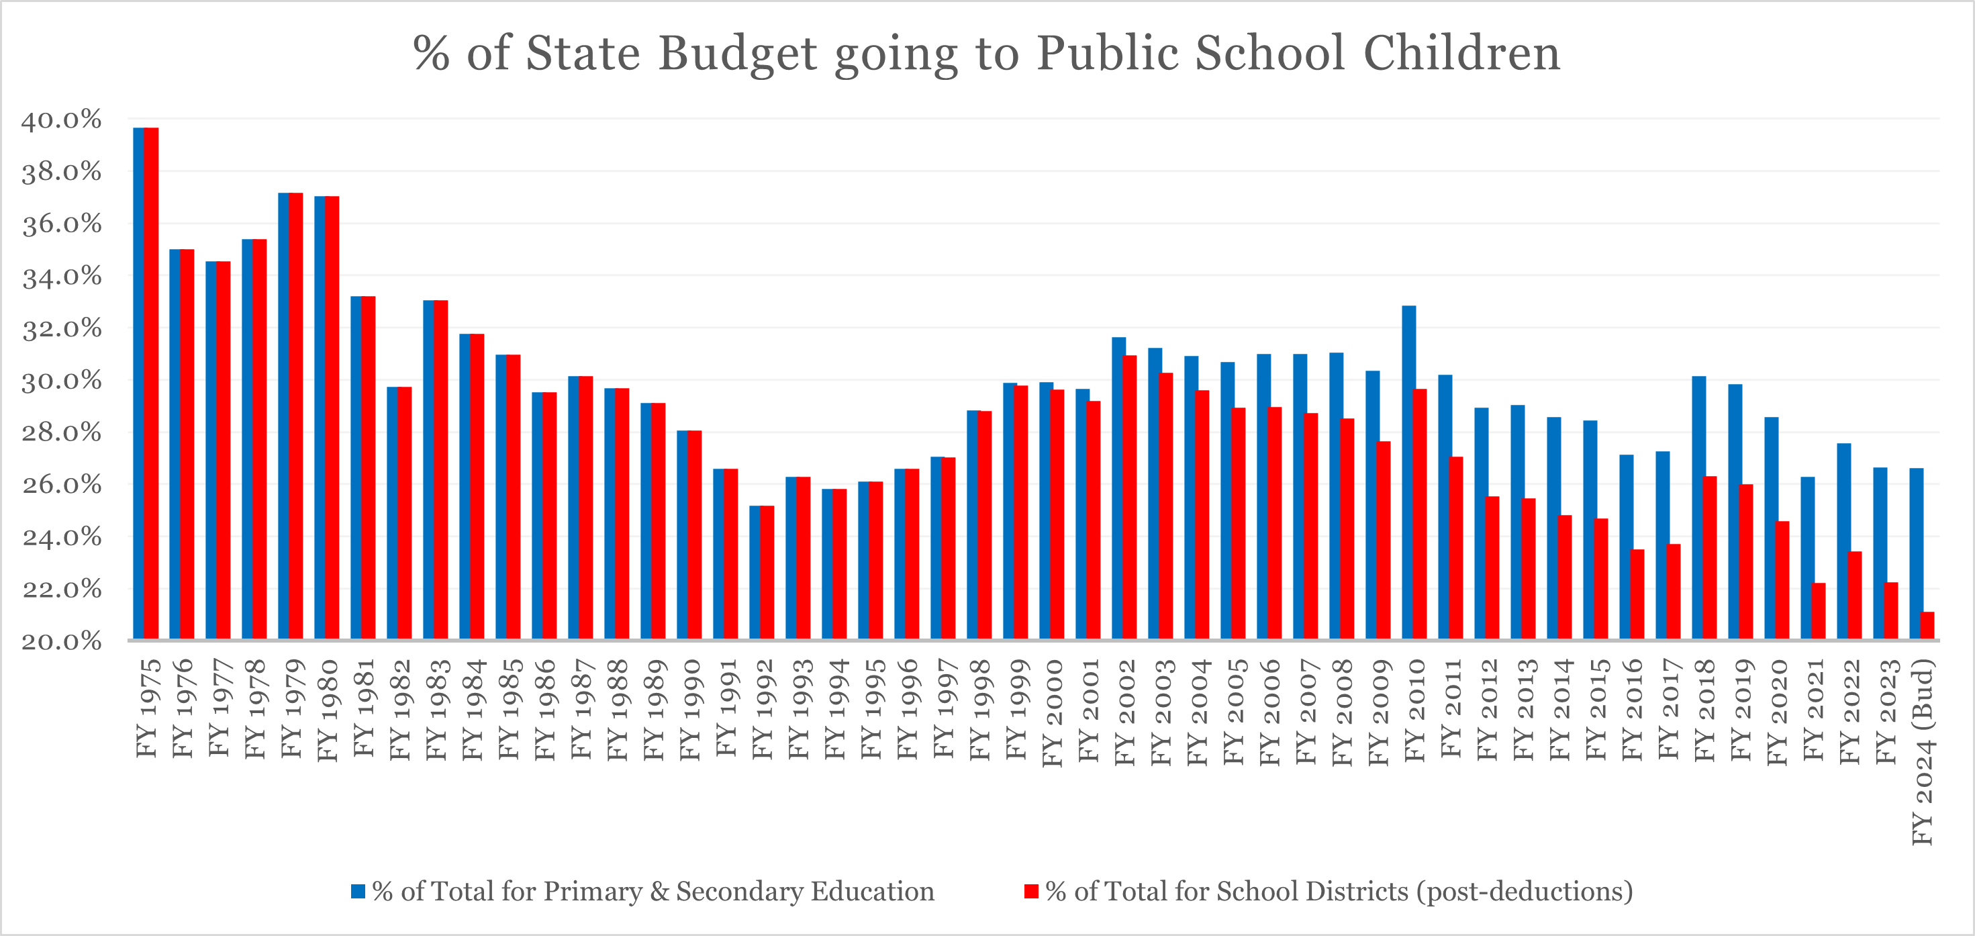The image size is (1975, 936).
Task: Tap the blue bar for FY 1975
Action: [x=139, y=383]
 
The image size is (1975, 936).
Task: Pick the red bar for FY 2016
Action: [x=1637, y=594]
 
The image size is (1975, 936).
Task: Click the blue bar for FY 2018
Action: [x=1699, y=507]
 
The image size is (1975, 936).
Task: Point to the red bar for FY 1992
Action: [x=767, y=572]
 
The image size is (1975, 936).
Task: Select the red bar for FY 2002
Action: [x=1130, y=497]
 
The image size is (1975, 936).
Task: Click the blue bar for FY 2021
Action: [x=1808, y=557]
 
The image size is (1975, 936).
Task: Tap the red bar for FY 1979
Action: [x=296, y=416]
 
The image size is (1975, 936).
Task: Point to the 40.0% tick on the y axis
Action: [x=61, y=120]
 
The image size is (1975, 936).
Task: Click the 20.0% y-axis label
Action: [x=61, y=641]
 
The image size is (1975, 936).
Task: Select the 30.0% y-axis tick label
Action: [x=61, y=380]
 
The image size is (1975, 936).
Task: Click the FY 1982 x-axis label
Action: [x=400, y=709]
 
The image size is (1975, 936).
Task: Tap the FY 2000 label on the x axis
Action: [x=1052, y=713]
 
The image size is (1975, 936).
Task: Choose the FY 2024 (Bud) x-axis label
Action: [x=1923, y=751]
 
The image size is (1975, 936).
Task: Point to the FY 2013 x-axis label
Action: [x=1523, y=709]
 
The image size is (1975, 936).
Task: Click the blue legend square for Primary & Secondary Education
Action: [x=358, y=891]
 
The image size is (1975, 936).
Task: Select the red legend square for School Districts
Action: [x=1031, y=891]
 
